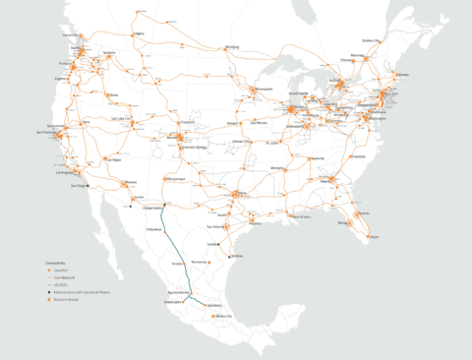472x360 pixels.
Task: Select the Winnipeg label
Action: pyautogui.click(x=232, y=46)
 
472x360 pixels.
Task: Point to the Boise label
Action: pyautogui.click(x=116, y=94)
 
